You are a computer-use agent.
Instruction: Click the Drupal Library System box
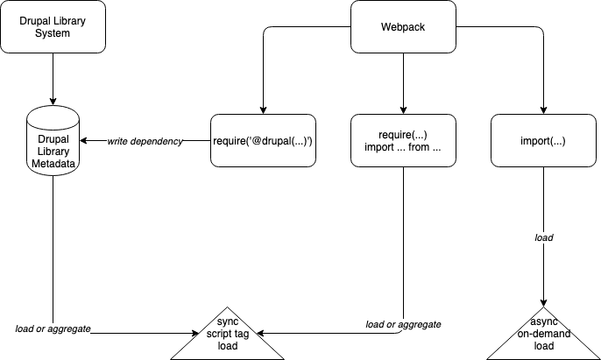tap(53, 26)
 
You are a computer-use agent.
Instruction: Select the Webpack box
tap(403, 26)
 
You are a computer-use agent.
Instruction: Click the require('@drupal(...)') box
tap(262, 140)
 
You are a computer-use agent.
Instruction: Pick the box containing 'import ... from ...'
tap(403, 140)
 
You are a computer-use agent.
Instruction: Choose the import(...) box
tap(544, 140)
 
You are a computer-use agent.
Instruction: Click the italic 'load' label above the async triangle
tap(544, 237)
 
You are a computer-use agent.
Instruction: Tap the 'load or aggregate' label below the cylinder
tap(53, 328)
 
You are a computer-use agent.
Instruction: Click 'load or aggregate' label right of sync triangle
tap(403, 324)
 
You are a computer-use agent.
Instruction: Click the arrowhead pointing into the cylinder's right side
tap(85, 141)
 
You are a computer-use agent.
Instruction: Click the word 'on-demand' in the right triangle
tap(544, 333)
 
